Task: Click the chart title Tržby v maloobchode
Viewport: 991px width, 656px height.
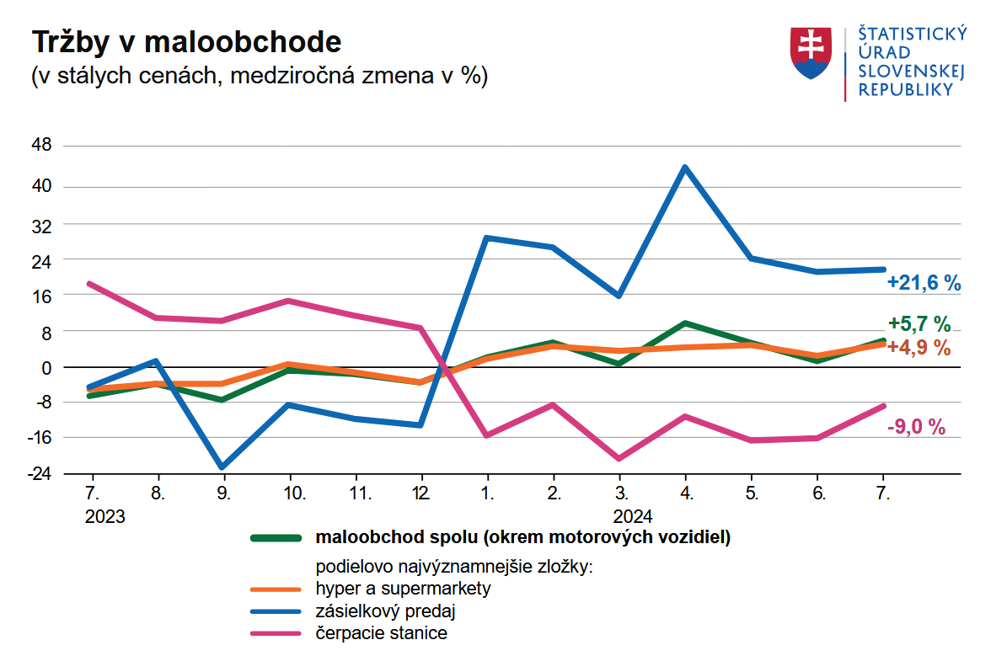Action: coord(186,42)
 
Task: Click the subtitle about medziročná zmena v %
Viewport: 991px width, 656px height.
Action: coord(260,76)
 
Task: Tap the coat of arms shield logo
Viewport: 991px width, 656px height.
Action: coord(810,53)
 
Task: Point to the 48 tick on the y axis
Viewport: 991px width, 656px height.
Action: coord(41,146)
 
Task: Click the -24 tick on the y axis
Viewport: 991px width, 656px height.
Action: coord(39,473)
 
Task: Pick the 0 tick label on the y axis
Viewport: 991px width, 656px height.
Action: coord(46,367)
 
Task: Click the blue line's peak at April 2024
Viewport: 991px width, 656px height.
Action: coord(685,168)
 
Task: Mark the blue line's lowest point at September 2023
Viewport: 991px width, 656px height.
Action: coord(222,467)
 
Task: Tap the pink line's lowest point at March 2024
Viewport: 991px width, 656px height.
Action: coord(619,459)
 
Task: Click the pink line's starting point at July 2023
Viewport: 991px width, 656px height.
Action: coord(89,284)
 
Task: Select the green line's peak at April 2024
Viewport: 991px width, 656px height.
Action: coord(685,323)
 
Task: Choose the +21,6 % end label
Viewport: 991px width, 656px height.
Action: coord(924,284)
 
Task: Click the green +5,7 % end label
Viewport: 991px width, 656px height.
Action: coord(919,324)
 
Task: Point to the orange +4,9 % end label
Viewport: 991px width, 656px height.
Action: coord(919,347)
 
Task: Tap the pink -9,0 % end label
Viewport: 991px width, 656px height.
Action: coord(916,427)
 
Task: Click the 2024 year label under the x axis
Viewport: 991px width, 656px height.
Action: coord(633,516)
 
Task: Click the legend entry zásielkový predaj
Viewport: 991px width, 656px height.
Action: coord(389,611)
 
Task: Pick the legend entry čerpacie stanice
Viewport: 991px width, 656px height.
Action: coord(381,633)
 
